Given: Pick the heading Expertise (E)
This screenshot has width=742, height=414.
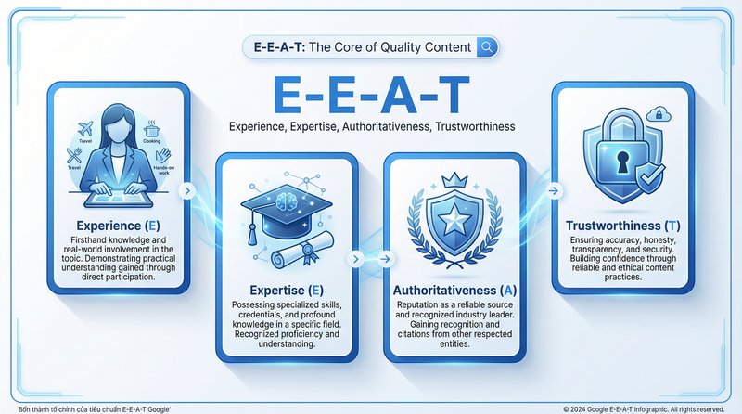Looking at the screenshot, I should tap(286, 290).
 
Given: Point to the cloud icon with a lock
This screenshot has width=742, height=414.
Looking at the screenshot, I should tap(661, 115).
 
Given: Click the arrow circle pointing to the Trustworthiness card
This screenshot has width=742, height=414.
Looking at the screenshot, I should tap(554, 190).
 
